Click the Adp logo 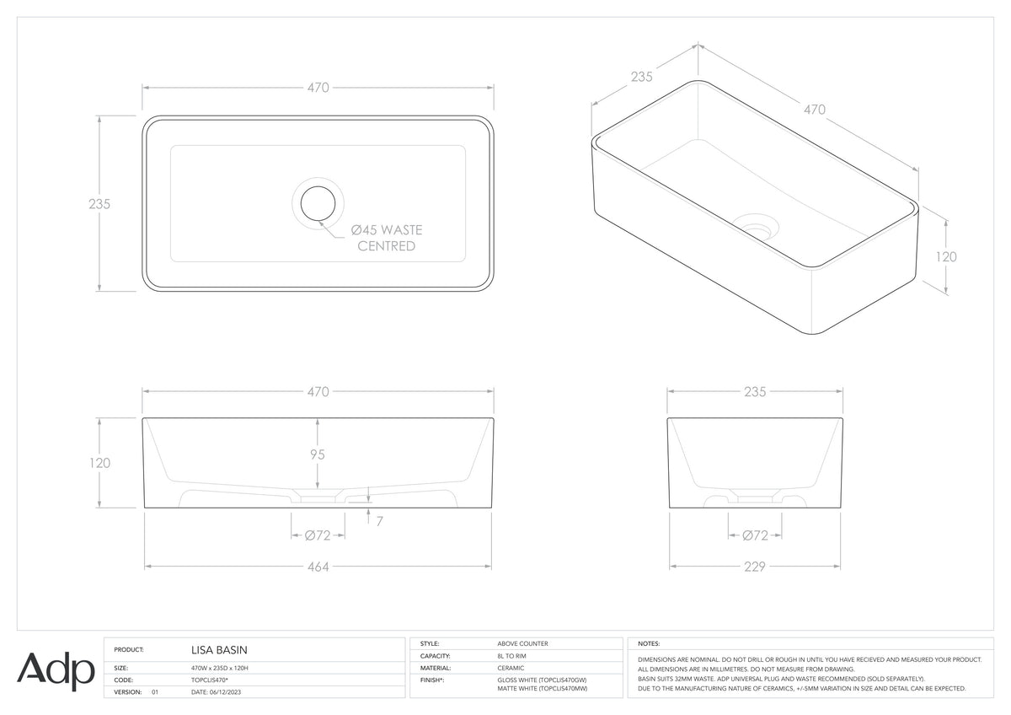(x=56, y=671)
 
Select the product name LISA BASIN (x=219, y=650)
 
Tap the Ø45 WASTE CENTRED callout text (x=387, y=238)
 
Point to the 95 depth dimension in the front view (x=318, y=454)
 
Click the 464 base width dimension (x=318, y=567)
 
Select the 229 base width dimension (x=755, y=567)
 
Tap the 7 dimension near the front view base (x=380, y=522)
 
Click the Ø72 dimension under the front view (x=318, y=535)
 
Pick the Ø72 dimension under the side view (x=755, y=535)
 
